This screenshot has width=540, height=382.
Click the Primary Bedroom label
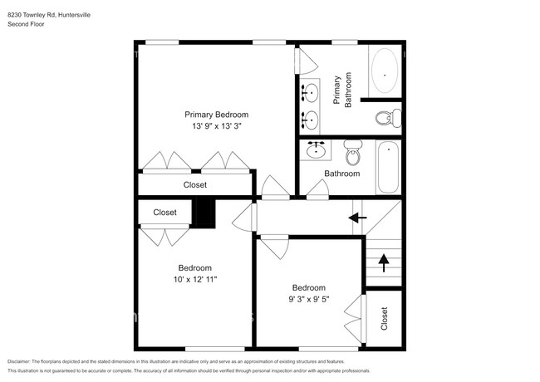point(216,115)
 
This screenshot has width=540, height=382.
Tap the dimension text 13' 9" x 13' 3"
point(216,126)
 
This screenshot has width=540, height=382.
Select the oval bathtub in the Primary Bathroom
point(385,71)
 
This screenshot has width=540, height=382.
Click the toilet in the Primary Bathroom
point(388,118)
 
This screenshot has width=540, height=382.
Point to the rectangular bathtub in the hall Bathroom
point(388,167)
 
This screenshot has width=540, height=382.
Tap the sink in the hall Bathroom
point(316,149)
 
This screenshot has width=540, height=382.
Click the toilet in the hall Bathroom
point(352,153)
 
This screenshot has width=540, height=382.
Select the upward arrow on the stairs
point(384,263)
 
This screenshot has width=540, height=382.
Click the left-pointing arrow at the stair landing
point(357,218)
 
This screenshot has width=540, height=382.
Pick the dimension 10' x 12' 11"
point(195,280)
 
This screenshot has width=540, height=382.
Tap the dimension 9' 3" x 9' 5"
point(308,299)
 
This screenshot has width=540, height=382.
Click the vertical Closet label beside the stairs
point(384,319)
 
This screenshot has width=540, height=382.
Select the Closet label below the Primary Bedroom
point(195,185)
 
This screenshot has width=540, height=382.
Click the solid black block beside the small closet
point(204,213)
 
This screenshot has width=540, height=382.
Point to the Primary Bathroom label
point(342,90)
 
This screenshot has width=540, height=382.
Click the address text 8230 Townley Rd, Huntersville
point(49,15)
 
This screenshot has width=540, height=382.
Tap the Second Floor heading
point(26,24)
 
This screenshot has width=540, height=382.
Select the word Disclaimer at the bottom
point(19,362)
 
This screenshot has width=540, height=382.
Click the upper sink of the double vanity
point(310,93)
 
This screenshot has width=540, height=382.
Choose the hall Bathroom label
point(342,174)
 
